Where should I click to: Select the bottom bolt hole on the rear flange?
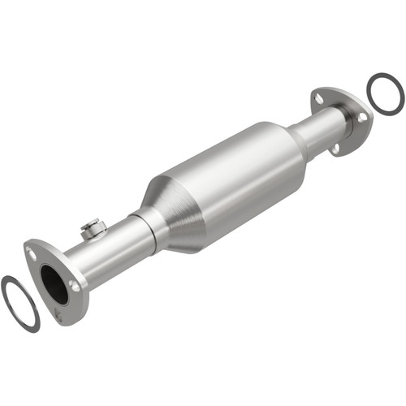click(x=334, y=149)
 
